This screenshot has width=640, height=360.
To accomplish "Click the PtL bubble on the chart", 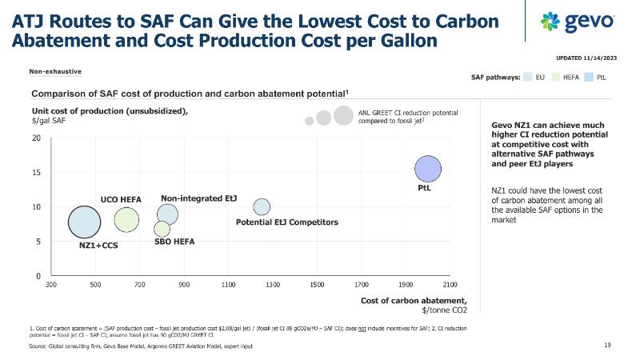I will pos(428,169).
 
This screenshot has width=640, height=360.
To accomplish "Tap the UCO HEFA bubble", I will pos(126,218).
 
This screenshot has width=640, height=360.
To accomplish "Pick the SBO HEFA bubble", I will pos(162,229).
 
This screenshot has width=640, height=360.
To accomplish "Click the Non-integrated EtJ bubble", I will pos(167,214).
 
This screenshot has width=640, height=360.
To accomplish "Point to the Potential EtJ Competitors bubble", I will pos(262,206).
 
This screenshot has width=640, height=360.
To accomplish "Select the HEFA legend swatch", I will pos(555,78).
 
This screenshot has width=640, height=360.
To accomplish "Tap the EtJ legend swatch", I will pos(527,78).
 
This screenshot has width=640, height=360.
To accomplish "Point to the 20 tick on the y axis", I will pos(36,138).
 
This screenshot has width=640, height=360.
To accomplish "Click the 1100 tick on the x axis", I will pos(228,284).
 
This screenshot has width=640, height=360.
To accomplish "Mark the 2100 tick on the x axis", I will pos(450,284).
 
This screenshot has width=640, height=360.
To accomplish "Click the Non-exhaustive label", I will pos(55,71).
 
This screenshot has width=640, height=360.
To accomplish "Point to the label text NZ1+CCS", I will pos(99,246).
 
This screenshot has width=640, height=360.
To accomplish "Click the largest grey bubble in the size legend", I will pos(344,115).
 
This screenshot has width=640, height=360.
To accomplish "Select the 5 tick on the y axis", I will pos(38,242).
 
